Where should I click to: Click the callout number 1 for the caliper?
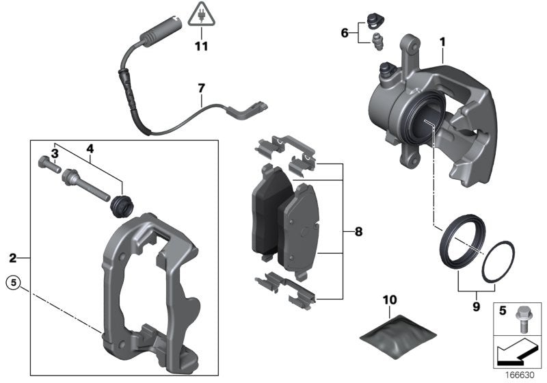coord(442,42)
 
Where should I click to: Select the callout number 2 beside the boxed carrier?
coord(12,258)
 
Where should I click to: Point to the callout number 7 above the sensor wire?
coord(201,88)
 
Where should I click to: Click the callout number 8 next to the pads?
coord(358,232)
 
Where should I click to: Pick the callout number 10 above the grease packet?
coord(389,300)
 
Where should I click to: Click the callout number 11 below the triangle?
coord(200,47)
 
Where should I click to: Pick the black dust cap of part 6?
coord(374,19)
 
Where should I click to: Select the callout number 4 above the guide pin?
coord(89,147)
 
